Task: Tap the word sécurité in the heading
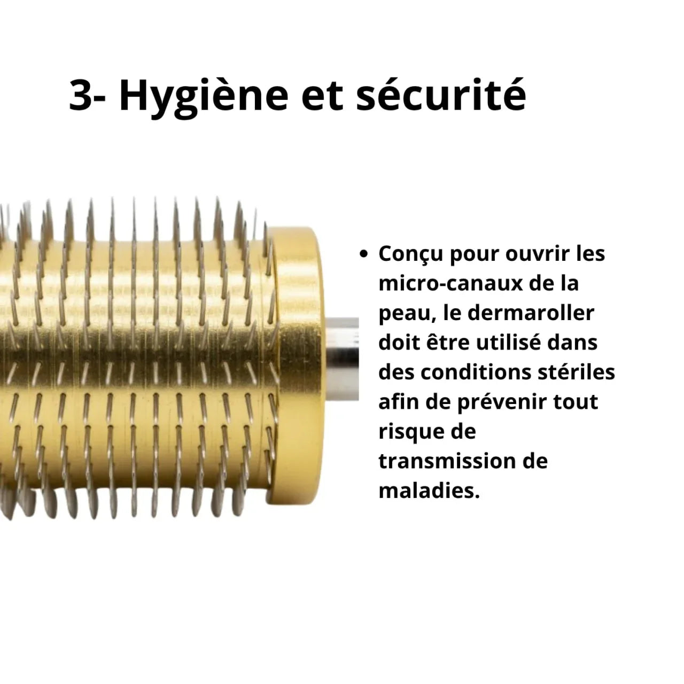click(441, 95)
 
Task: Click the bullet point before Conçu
click(363, 254)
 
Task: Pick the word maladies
click(429, 491)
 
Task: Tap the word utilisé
click(514, 343)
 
